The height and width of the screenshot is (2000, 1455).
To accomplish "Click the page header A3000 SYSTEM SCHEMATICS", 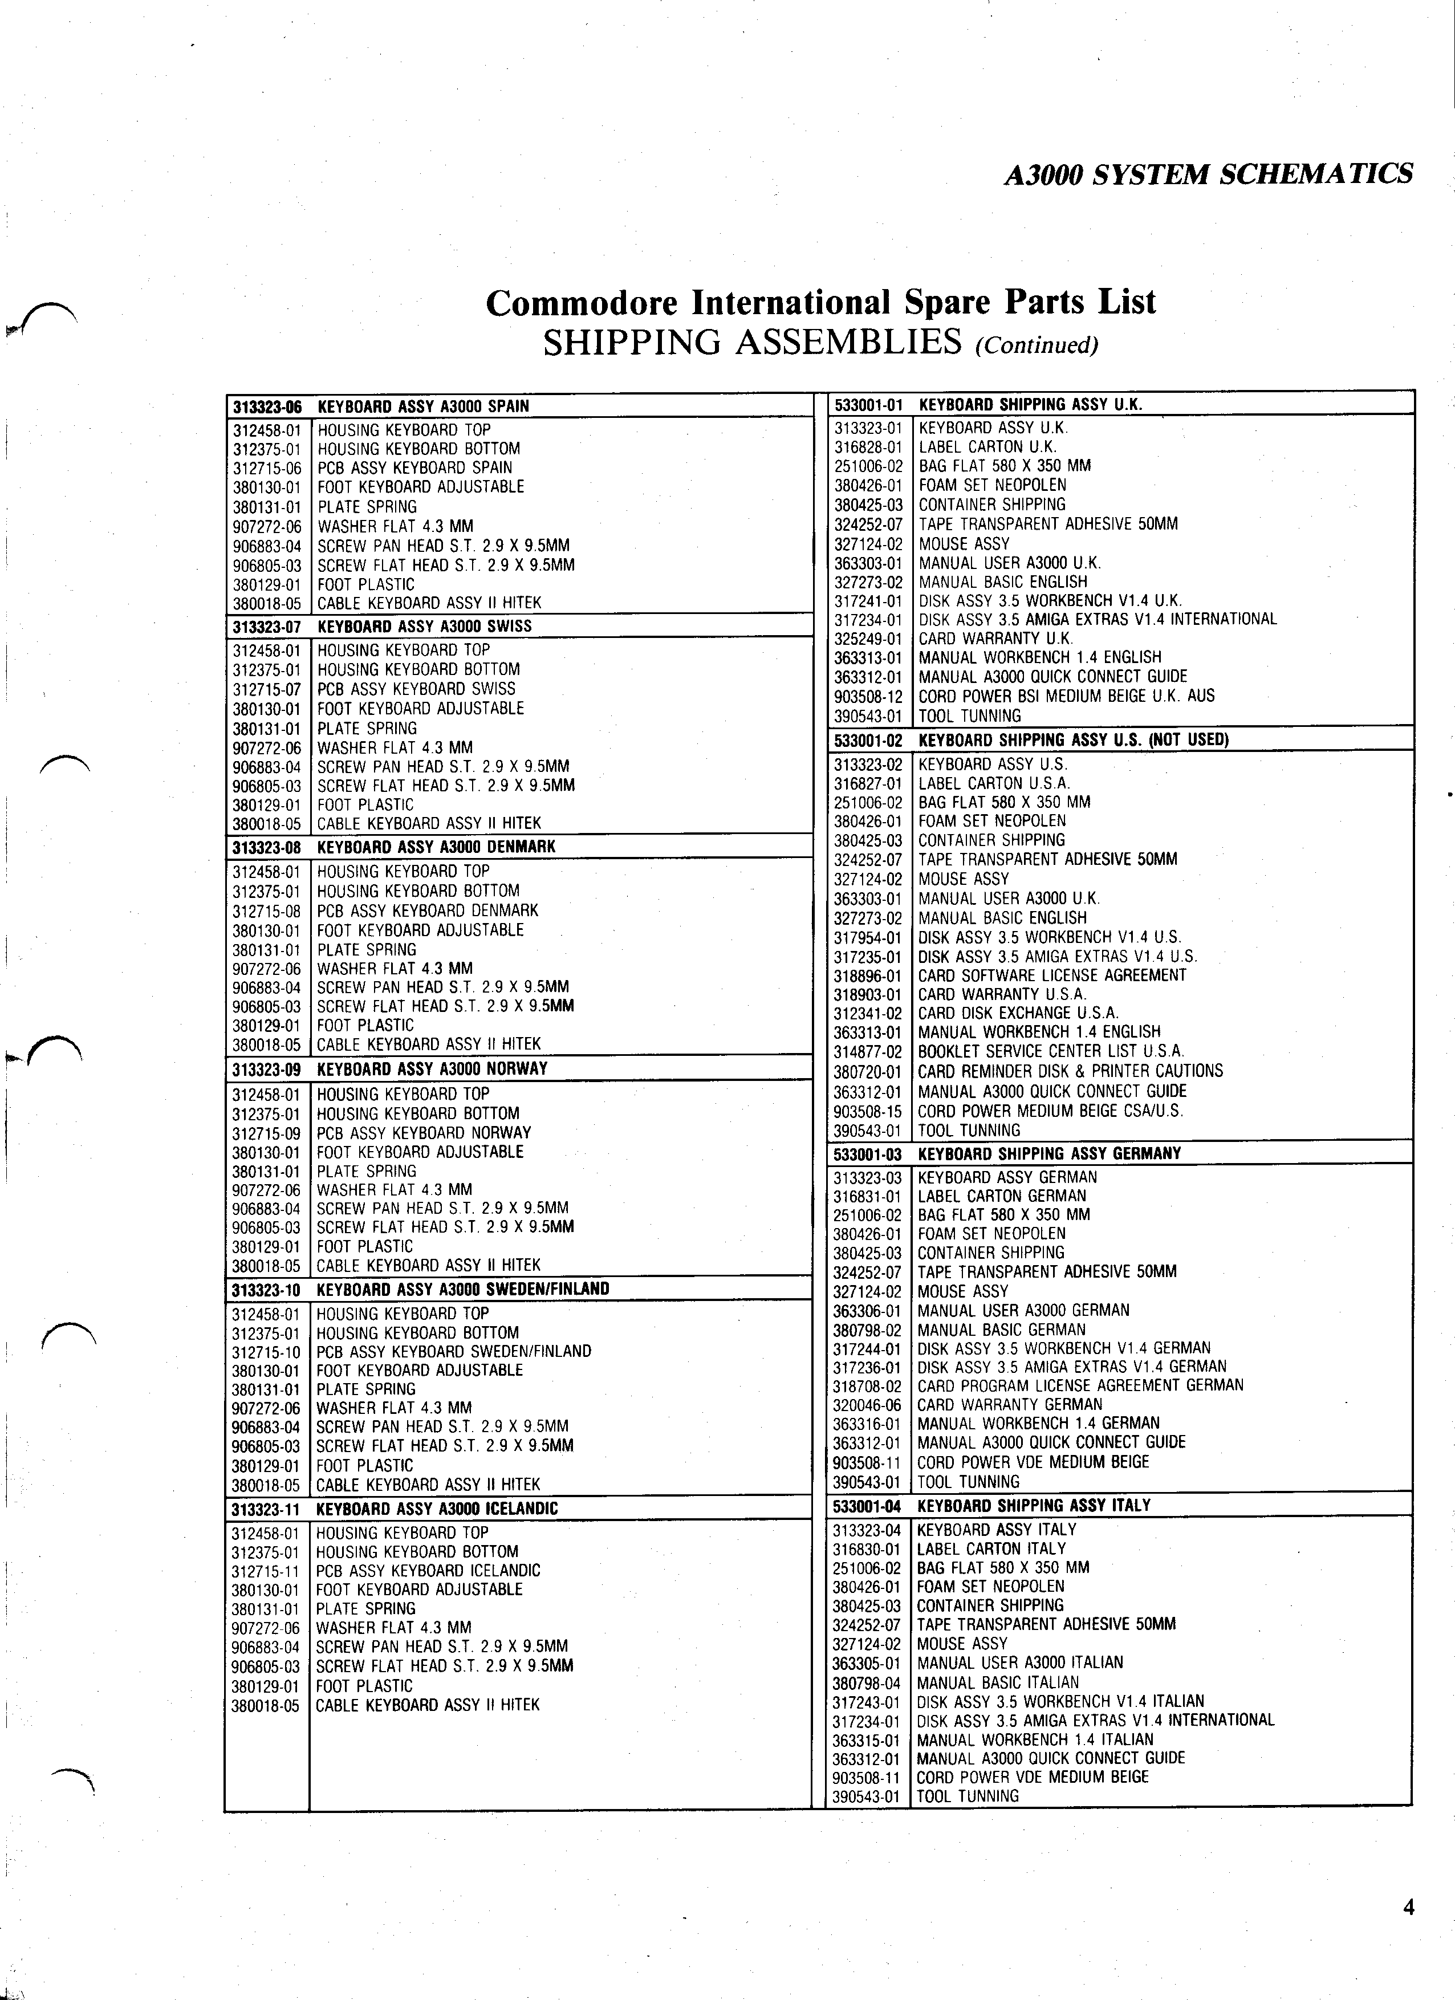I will click(1208, 174).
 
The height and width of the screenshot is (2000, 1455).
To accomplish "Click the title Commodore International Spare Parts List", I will click(820, 303).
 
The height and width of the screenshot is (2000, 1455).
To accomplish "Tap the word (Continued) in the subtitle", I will click(1036, 345).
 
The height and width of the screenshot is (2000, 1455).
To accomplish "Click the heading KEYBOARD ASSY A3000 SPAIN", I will click(423, 406).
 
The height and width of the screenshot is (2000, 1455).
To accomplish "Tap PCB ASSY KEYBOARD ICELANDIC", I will click(428, 1571).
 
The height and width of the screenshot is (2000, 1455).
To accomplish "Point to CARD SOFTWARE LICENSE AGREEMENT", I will click(1052, 976).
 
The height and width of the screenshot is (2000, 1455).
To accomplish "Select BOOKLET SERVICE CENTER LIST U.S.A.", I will click(1050, 1052).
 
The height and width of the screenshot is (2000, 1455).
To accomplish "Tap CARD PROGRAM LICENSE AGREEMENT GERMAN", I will click(1080, 1385).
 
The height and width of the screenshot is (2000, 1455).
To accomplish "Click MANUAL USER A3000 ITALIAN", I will click(1020, 1663).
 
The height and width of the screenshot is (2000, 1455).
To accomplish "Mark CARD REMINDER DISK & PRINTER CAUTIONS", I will click(1071, 1071).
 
